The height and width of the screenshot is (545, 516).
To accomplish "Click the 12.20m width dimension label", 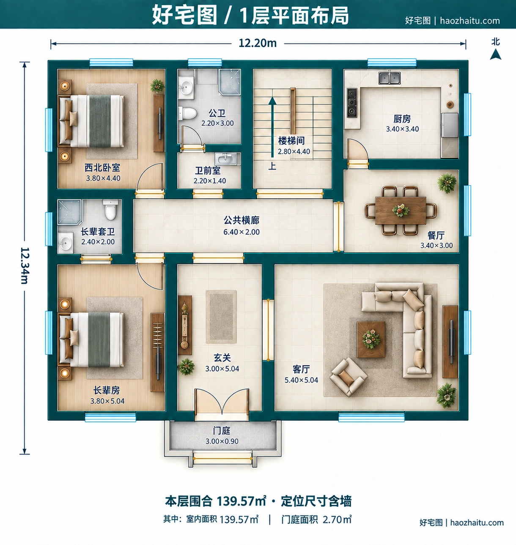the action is (258, 43).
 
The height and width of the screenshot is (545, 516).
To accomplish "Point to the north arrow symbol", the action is (495, 55).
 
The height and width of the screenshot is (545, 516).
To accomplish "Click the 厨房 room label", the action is (402, 119).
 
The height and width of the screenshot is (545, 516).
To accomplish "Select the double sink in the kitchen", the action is (389, 78).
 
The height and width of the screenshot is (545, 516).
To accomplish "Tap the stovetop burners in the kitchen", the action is (352, 103).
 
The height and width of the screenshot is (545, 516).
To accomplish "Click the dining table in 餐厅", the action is (401, 211).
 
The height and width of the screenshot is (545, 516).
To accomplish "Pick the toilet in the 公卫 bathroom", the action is (187, 113).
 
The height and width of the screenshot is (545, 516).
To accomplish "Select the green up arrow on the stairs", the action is (272, 127).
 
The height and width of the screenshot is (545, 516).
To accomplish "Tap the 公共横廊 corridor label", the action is (242, 220).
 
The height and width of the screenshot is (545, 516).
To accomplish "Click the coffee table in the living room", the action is (371, 340).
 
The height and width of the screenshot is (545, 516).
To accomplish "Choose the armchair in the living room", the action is (349, 377).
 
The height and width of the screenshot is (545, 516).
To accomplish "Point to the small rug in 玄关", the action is (221, 317).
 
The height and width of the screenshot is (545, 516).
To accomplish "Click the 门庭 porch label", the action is (221, 430).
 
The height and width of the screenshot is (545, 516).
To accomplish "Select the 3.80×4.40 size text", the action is (103, 178).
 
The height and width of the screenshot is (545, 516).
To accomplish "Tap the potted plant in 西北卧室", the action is (157, 86).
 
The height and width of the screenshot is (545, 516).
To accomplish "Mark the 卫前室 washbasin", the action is (225, 159).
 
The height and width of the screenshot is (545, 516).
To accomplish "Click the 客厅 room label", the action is (301, 369).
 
